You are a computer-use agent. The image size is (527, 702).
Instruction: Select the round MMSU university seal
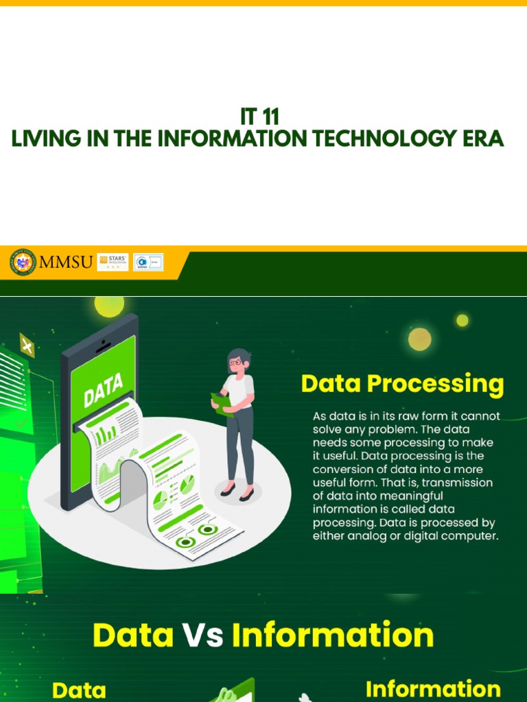(23, 263)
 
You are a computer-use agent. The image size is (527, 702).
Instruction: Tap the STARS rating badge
(113, 262)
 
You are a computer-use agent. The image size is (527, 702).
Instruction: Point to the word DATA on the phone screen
(103, 390)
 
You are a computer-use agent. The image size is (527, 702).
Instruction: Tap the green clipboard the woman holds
(222, 404)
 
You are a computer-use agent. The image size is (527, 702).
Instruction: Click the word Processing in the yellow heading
(436, 384)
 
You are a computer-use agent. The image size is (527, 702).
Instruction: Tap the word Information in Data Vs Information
(333, 636)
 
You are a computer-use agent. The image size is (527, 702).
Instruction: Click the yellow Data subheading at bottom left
(79, 690)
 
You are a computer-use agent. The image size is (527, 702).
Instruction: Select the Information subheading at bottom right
(432, 688)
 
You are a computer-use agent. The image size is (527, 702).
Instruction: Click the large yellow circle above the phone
(109, 305)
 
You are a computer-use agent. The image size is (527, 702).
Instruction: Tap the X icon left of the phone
(27, 346)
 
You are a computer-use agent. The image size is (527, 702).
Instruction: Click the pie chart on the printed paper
(160, 499)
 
